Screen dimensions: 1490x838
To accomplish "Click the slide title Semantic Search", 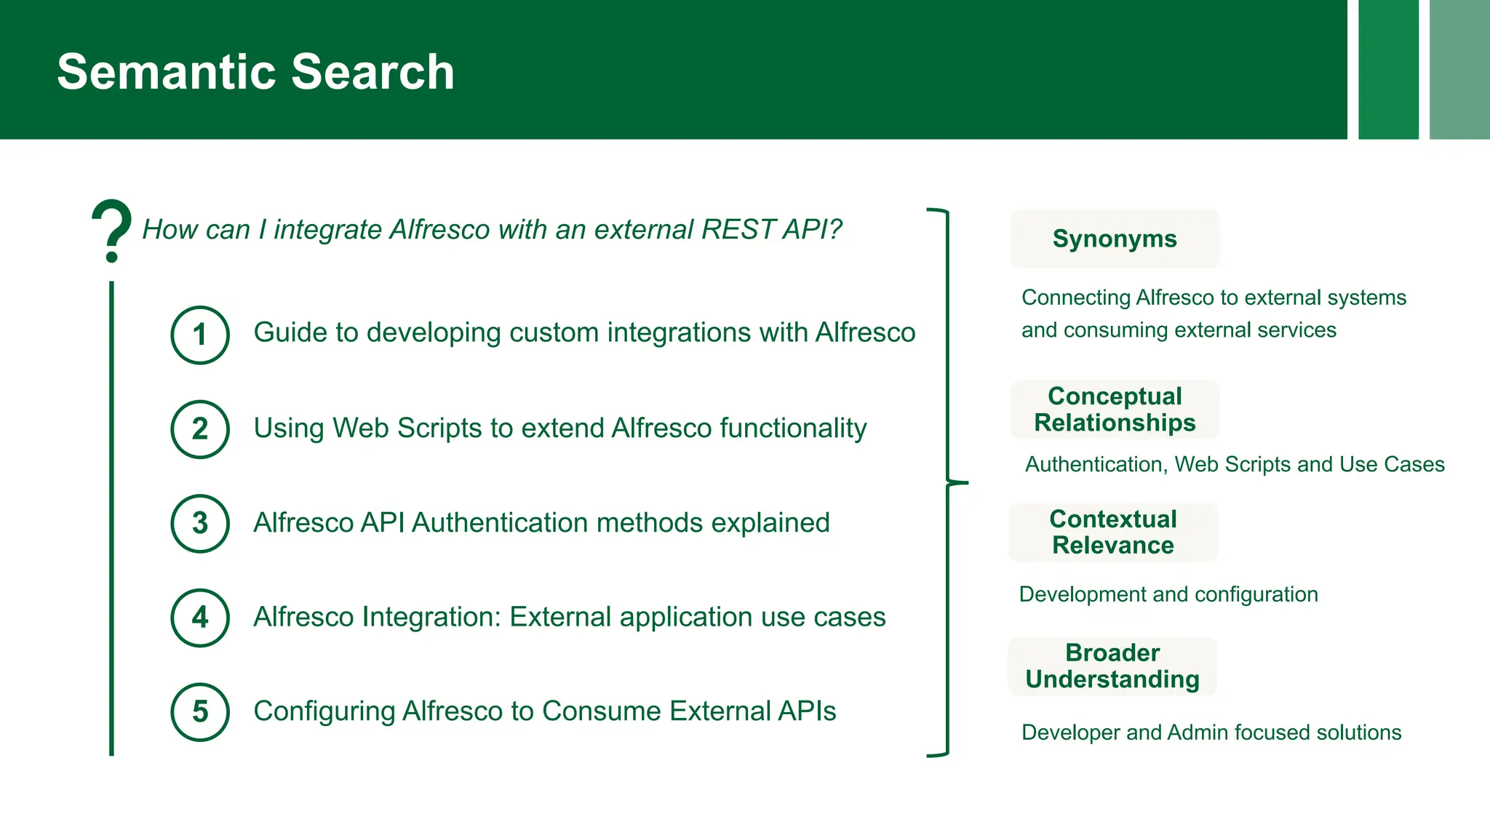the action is click(255, 72).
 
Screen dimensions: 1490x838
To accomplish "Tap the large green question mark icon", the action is click(111, 230).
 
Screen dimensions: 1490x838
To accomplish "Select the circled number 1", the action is click(200, 335).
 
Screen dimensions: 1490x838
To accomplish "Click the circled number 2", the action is click(200, 429).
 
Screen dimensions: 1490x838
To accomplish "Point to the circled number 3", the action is click(200, 523).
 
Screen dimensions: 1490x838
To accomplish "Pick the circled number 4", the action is click(200, 618).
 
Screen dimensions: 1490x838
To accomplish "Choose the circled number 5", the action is click(200, 711).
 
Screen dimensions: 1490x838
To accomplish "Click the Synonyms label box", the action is click(1114, 239).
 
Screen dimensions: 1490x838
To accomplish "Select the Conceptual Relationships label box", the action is click(1114, 409).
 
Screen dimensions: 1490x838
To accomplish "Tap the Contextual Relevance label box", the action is click(1112, 532).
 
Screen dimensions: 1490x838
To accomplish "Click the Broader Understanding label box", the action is click(1112, 666).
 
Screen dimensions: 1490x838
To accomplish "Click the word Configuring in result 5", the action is click(324, 711).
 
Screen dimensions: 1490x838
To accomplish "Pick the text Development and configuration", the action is click(1168, 594).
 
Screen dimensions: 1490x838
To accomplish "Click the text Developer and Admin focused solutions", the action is click(1211, 733).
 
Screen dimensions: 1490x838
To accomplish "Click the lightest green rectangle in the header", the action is click(1459, 69).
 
